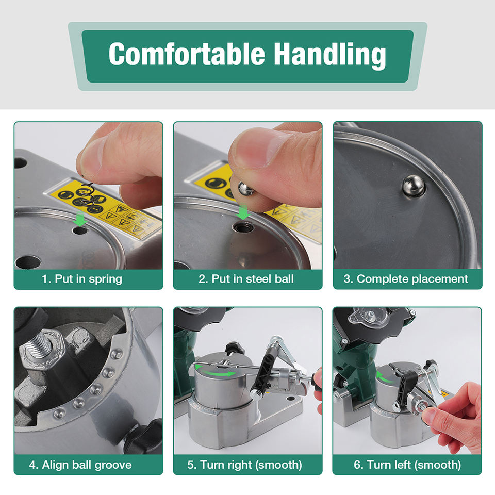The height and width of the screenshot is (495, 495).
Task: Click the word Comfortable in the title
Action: click(x=187, y=54)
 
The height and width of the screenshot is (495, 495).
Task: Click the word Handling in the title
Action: click(x=329, y=55)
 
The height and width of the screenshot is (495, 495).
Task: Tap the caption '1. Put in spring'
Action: click(x=82, y=279)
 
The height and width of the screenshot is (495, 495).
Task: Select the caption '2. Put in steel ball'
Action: click(x=246, y=279)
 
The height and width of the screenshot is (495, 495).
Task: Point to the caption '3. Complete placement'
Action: click(x=406, y=279)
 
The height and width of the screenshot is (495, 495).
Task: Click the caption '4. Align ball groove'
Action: click(x=80, y=465)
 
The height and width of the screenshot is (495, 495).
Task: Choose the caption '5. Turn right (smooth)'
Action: click(x=244, y=465)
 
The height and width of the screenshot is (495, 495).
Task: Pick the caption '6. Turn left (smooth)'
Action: click(x=407, y=465)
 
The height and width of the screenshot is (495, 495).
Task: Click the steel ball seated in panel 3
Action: click(x=413, y=186)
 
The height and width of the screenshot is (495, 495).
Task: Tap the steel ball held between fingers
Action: click(x=245, y=189)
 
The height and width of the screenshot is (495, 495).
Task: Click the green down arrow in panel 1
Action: click(x=80, y=219)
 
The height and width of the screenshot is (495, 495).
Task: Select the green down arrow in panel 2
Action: click(x=243, y=211)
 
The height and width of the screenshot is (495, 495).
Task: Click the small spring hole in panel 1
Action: click(x=80, y=230)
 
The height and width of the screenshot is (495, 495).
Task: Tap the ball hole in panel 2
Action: click(x=243, y=227)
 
